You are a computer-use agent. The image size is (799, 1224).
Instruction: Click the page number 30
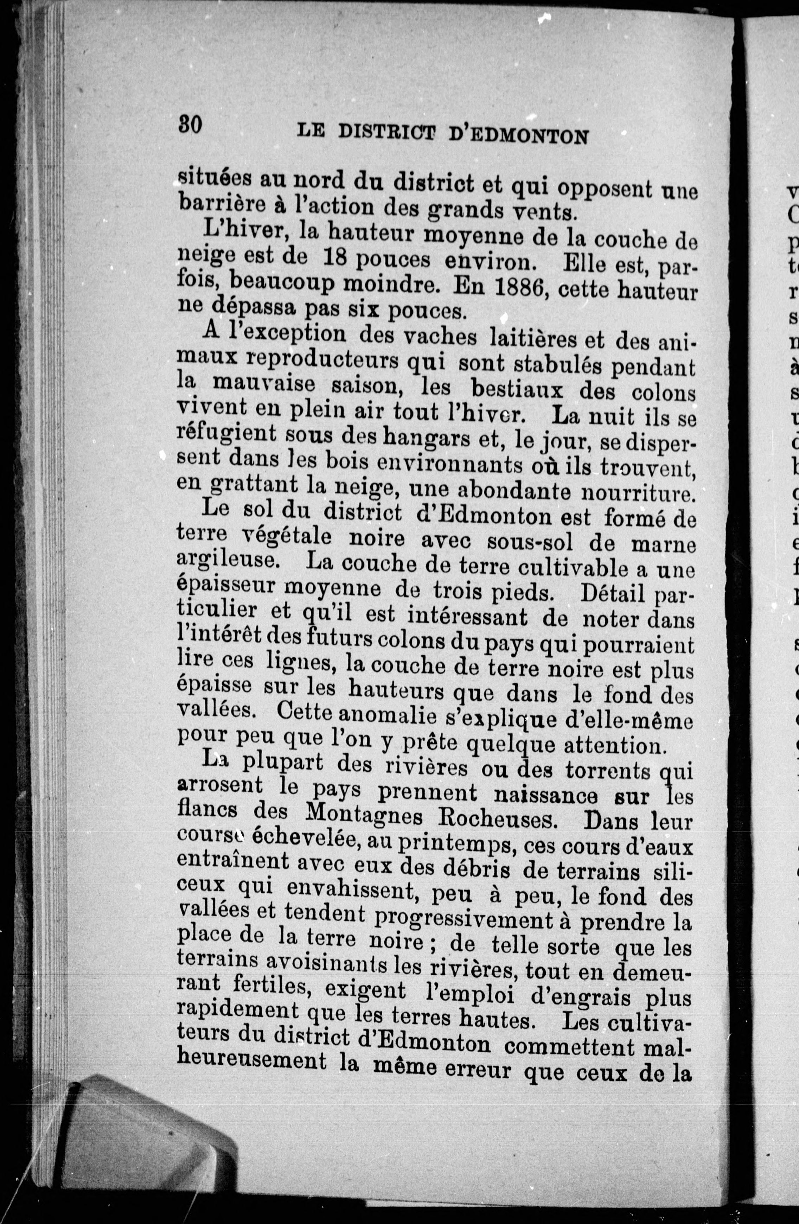coord(190,125)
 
